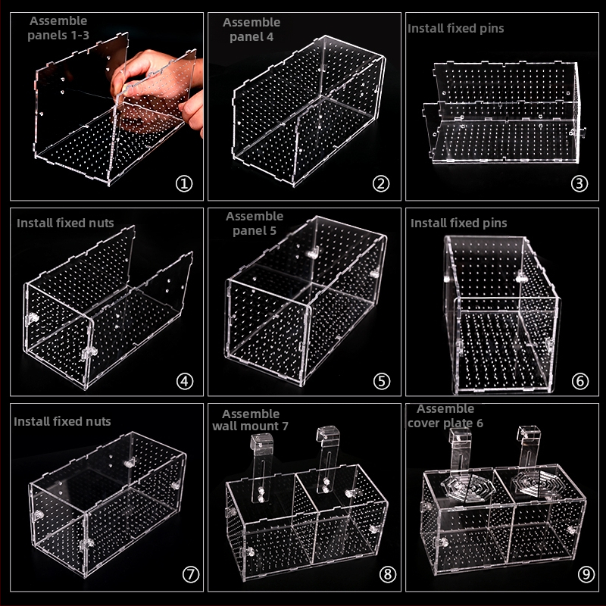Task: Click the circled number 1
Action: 184,183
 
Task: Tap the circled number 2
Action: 381,183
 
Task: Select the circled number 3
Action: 579,183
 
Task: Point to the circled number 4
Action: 185,382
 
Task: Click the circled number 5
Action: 382,382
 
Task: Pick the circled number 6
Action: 580,382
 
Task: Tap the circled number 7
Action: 191,574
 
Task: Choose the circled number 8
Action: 388,574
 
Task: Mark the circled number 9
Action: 586,574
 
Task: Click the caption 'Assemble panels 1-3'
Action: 58,28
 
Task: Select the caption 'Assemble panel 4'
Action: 251,30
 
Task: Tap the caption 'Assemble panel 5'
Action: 255,223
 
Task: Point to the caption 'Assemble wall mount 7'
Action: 251,420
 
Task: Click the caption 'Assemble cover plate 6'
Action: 445,416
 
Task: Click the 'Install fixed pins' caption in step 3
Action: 456,29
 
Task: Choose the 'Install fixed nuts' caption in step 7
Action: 62,421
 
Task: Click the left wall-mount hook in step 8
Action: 261,467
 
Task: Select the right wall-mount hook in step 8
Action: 327,460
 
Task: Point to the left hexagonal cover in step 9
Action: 468,487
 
